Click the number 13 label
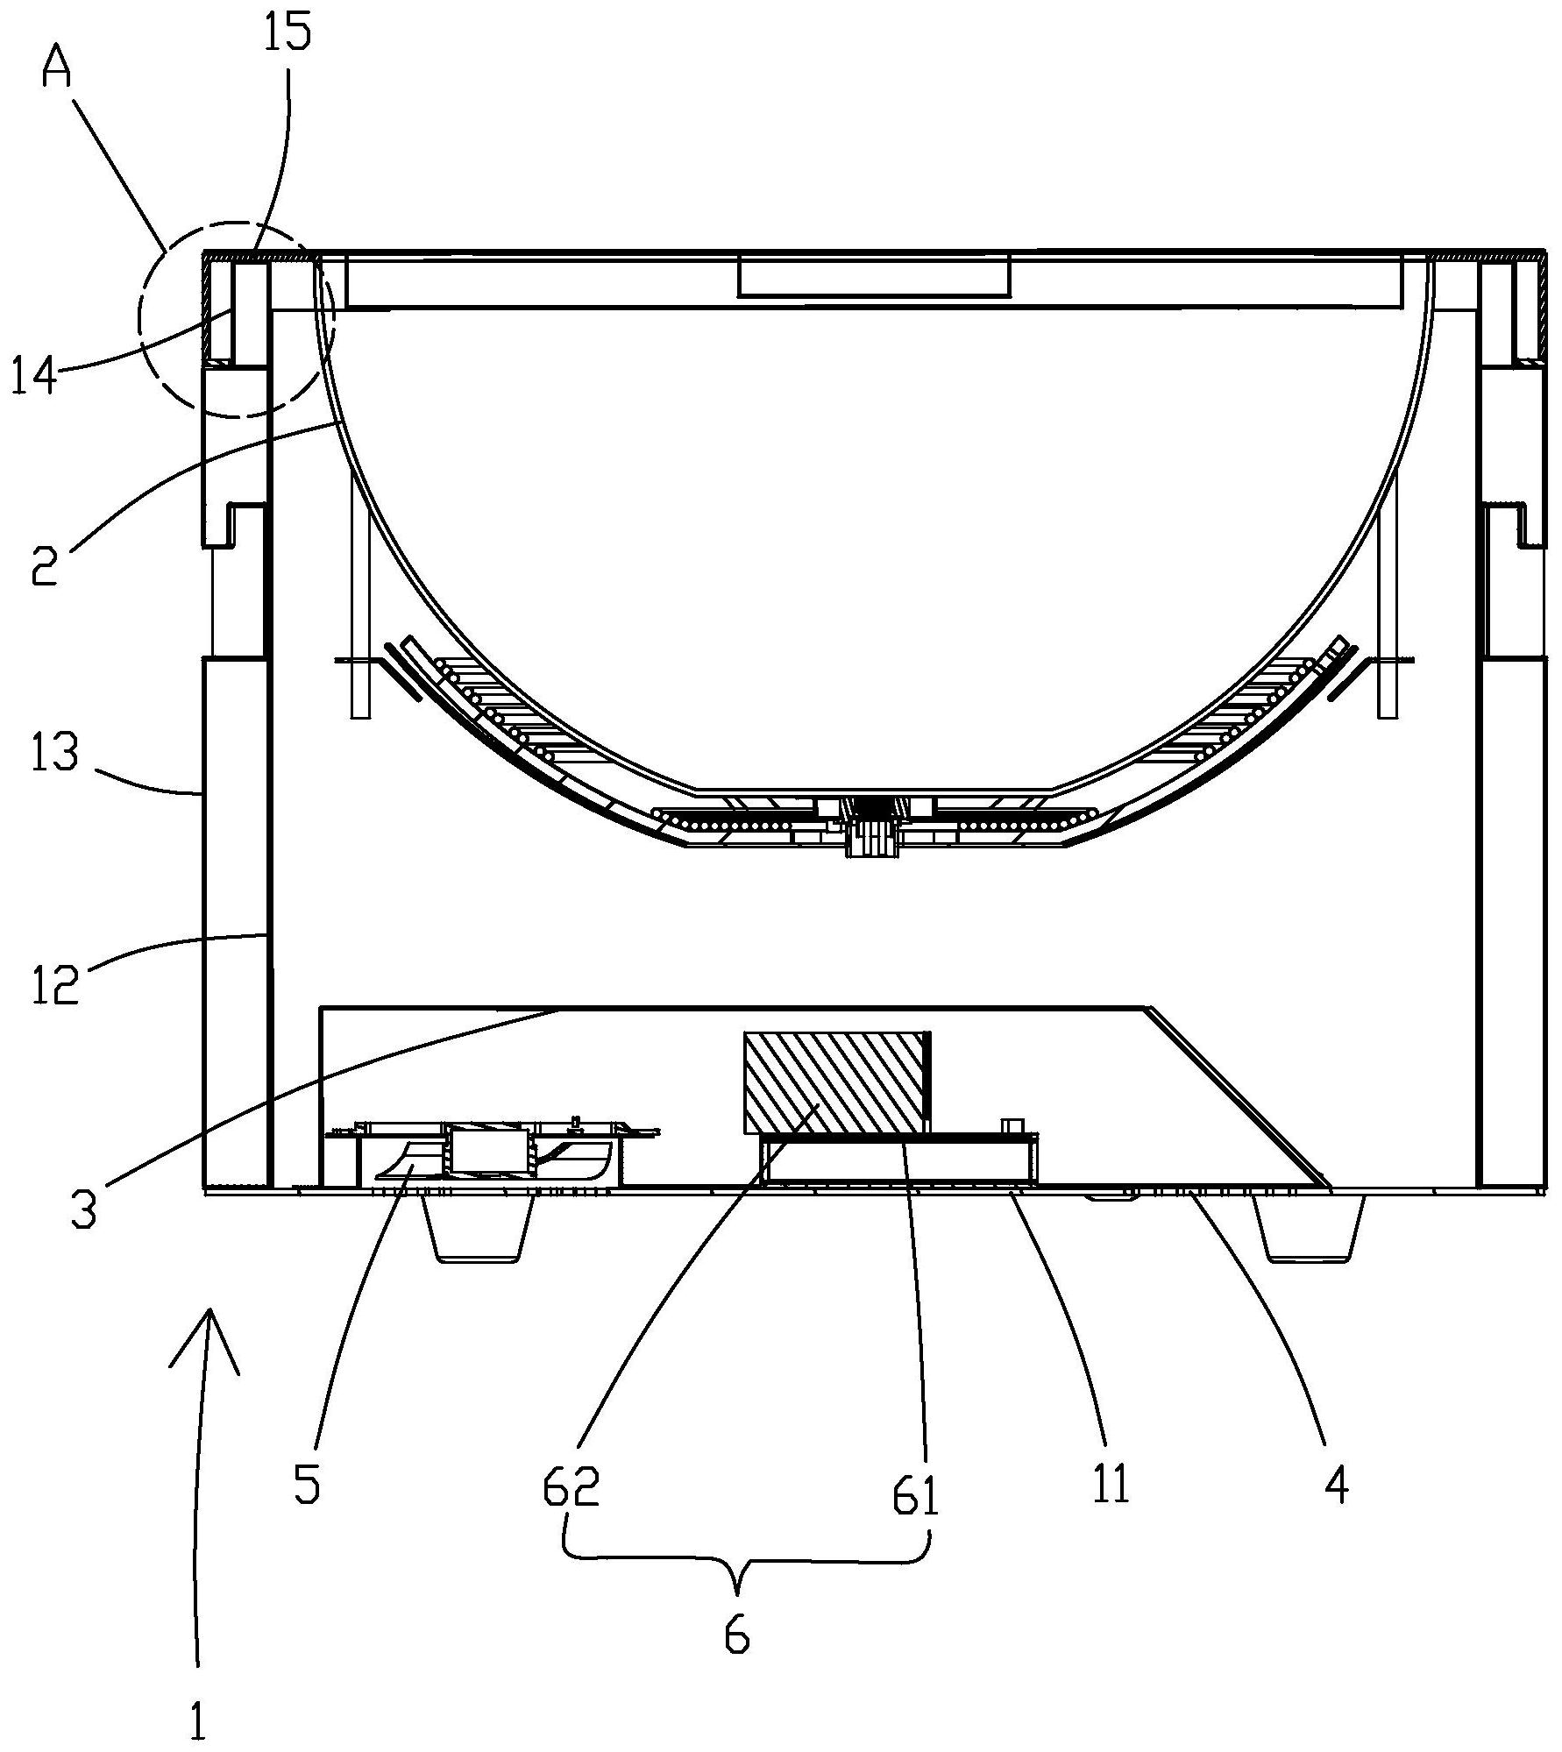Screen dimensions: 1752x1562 (x=53, y=752)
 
